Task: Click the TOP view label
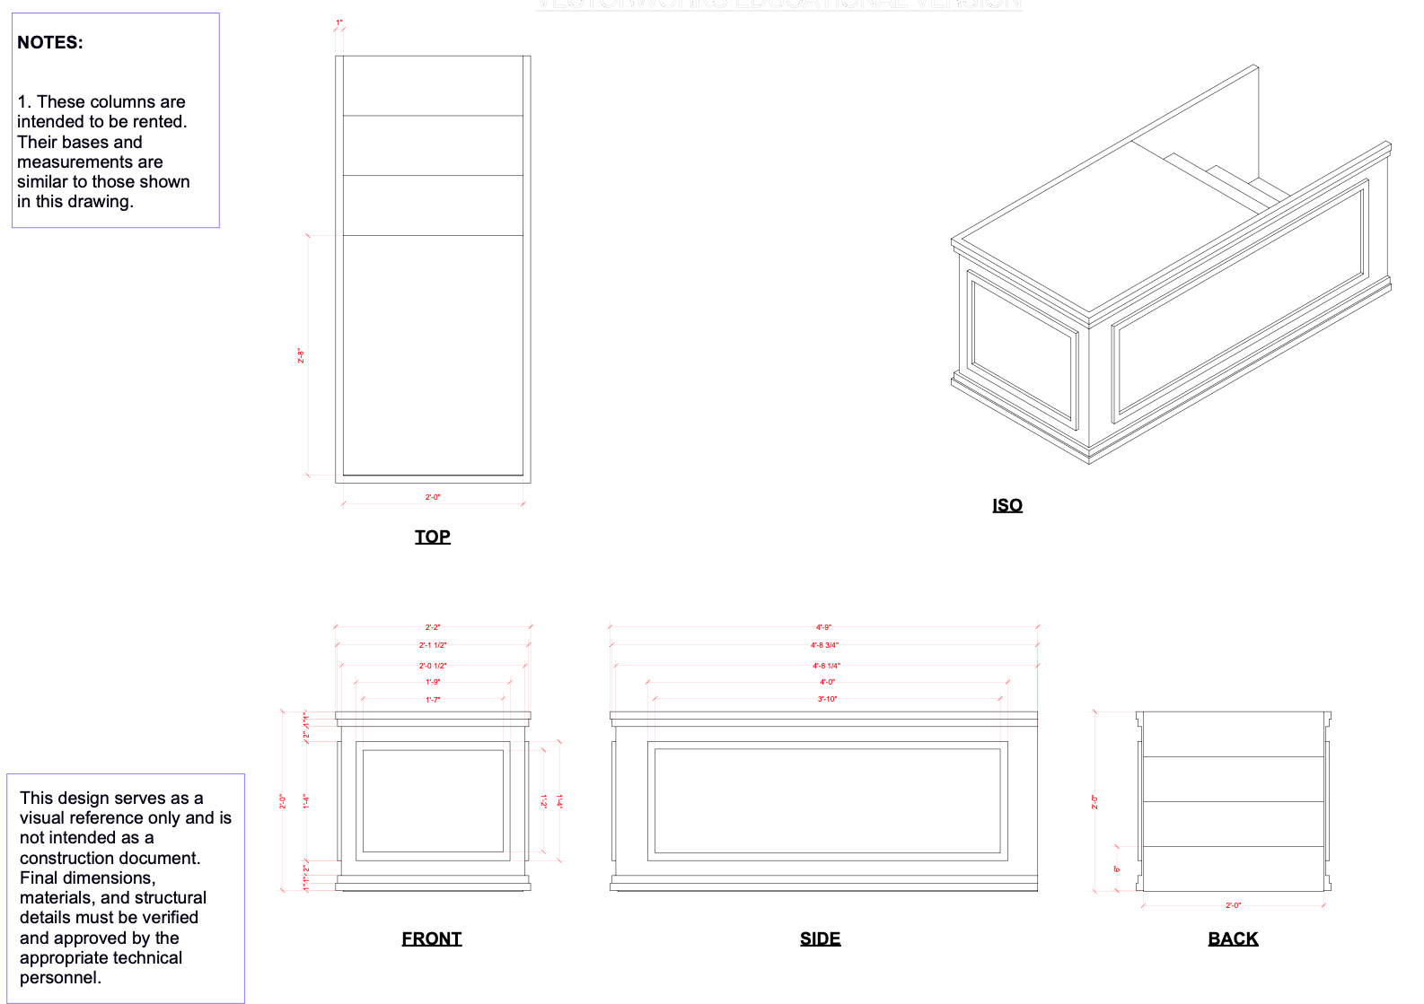(432, 537)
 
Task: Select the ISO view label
(1006, 505)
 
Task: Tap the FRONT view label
(431, 939)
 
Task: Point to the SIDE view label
(820, 939)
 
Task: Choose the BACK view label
(1233, 939)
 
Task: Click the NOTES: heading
(50, 42)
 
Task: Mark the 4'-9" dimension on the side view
(823, 627)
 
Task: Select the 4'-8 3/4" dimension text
(824, 645)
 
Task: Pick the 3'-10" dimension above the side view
(827, 699)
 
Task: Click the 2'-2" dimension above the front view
(433, 627)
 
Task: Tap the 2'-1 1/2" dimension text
(433, 645)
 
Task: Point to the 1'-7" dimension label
(433, 700)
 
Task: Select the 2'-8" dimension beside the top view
(302, 355)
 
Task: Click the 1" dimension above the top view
(339, 22)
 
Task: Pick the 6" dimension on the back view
(1117, 869)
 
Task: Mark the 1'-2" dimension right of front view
(543, 800)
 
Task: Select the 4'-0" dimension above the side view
(827, 682)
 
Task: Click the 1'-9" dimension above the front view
(433, 682)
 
